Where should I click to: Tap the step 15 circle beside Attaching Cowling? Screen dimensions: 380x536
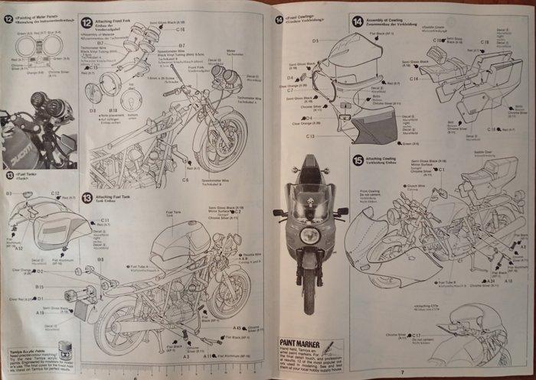click(x=358, y=160)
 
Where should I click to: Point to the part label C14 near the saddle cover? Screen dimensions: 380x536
click(x=413, y=78)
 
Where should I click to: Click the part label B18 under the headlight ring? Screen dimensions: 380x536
click(x=92, y=109)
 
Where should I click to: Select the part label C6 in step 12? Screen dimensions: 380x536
click(x=185, y=180)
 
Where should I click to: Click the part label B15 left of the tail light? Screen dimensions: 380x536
click(x=41, y=286)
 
